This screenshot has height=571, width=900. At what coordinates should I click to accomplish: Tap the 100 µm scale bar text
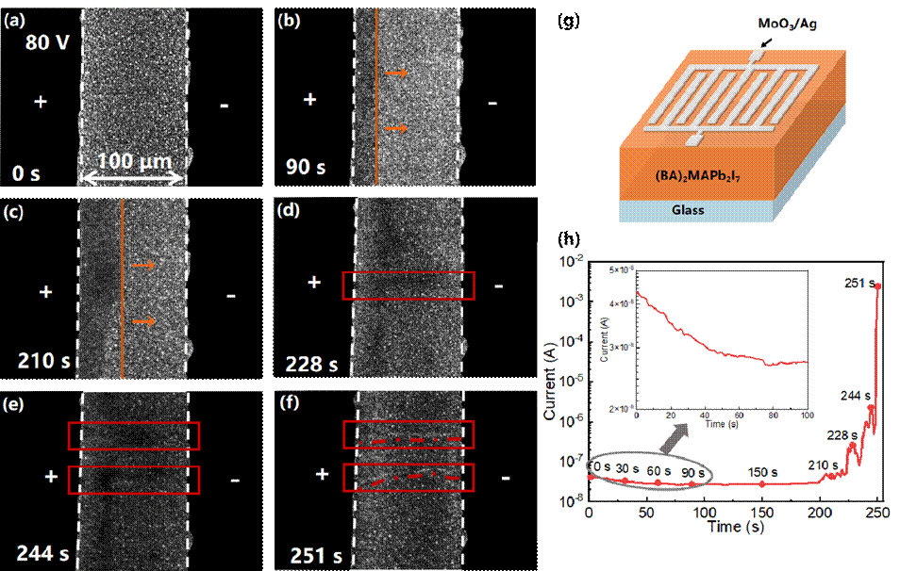(x=133, y=161)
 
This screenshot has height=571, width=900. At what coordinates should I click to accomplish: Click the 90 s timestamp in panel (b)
(x=306, y=168)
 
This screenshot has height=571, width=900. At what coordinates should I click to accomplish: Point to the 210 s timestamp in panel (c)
(x=42, y=358)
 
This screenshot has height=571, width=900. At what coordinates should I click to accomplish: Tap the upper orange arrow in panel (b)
(x=397, y=73)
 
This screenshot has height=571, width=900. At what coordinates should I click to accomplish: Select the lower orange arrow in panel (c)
(x=143, y=322)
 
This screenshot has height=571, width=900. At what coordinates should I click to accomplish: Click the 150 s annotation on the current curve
(x=763, y=471)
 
